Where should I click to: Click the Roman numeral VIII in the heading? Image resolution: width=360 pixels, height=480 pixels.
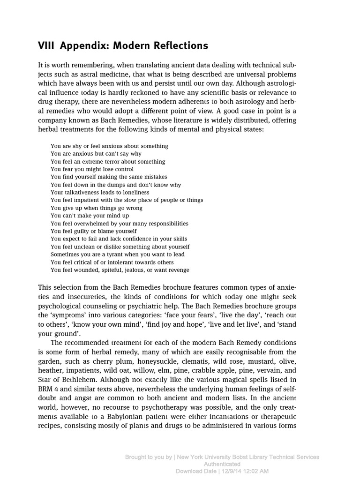46,45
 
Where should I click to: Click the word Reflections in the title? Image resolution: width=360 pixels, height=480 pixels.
180,45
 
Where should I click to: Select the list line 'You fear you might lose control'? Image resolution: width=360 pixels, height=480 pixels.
92,169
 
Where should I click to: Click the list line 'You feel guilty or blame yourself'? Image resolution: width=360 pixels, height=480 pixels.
94,231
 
